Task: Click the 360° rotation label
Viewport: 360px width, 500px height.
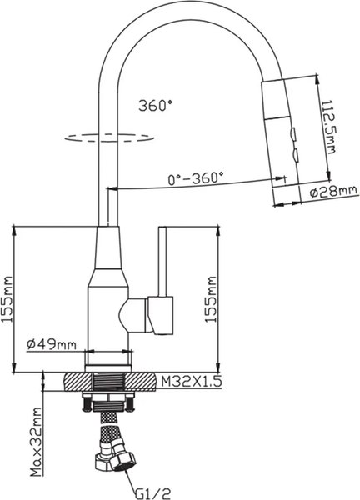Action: pyautogui.click(x=155, y=106)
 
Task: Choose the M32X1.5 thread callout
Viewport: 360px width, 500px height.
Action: pyautogui.click(x=191, y=382)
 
